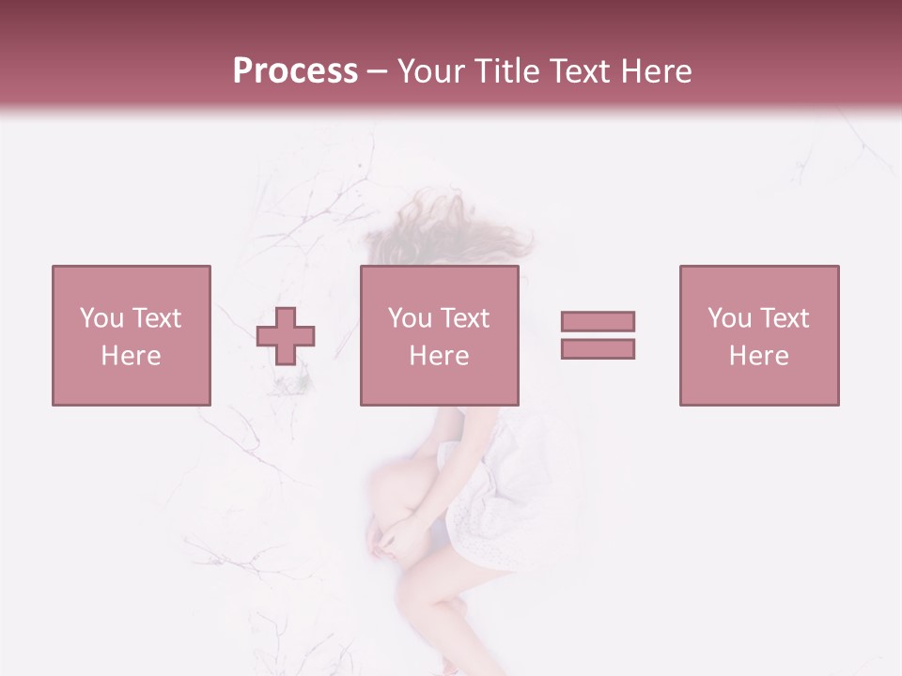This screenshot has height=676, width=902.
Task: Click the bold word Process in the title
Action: click(295, 71)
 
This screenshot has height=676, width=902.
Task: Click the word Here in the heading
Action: click(656, 71)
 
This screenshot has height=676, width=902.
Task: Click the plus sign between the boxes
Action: click(287, 335)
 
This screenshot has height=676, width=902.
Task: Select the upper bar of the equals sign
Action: click(598, 321)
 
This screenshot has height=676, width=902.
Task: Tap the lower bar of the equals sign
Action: click(598, 348)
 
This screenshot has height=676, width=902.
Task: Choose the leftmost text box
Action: click(131, 335)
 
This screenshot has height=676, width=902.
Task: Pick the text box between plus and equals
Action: click(439, 335)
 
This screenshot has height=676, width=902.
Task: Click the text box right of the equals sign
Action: click(758, 335)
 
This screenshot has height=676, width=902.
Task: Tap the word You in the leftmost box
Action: click(101, 317)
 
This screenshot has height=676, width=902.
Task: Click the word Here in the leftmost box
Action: click(131, 355)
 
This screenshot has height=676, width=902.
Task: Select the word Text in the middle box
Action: click(465, 317)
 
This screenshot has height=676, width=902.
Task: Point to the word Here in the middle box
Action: click(439, 355)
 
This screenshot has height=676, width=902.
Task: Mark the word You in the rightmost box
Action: click(728, 317)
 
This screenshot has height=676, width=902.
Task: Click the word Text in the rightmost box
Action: click(785, 317)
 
